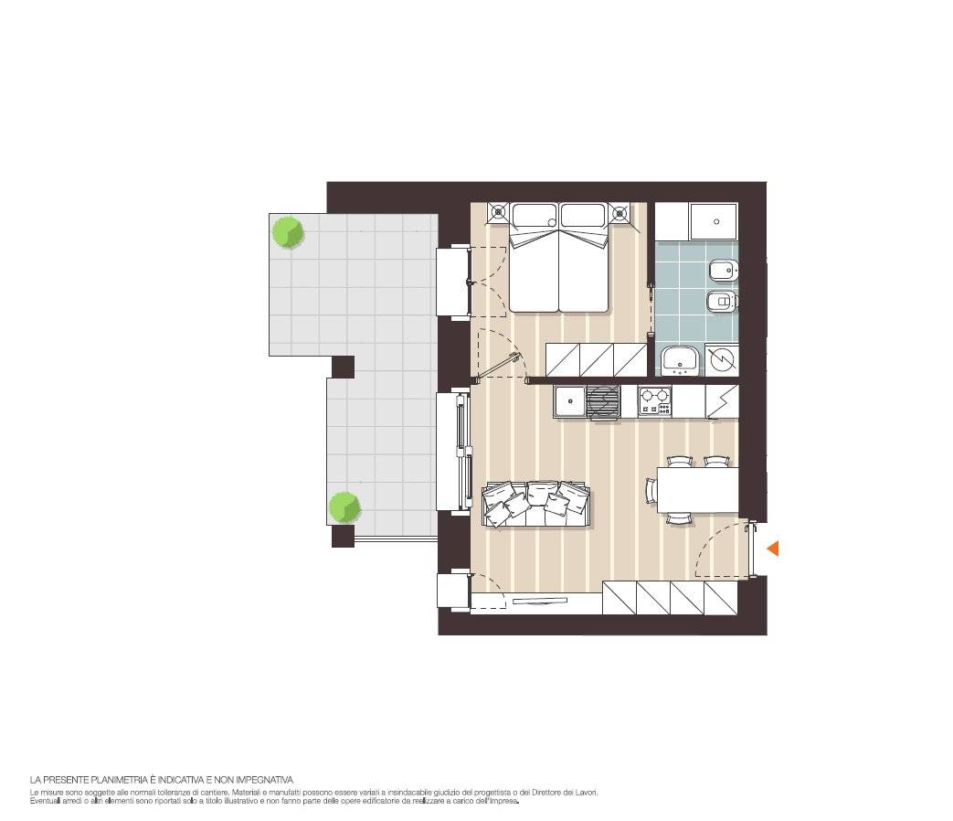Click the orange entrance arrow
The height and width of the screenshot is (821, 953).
[x=773, y=549]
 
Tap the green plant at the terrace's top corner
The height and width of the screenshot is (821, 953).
[x=288, y=231]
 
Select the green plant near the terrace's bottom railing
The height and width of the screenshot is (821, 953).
[x=344, y=507]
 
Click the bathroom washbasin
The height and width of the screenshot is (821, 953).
[x=680, y=360]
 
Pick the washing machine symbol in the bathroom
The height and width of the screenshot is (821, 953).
[x=722, y=360]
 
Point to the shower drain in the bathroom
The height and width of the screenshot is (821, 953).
[x=716, y=221]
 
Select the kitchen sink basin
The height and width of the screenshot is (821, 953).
[x=570, y=400]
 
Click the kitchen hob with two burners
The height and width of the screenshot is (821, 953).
[x=654, y=401]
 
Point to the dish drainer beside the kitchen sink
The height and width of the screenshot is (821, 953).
[x=603, y=402]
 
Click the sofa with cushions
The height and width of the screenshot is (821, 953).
[x=536, y=504]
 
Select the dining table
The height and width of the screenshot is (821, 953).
[x=698, y=490]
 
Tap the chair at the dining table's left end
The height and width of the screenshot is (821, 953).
[x=651, y=490]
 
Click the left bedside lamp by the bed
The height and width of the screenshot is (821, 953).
[x=498, y=212]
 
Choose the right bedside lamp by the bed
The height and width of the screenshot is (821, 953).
[x=619, y=212]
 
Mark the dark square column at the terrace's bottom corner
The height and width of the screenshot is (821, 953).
[x=343, y=537]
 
